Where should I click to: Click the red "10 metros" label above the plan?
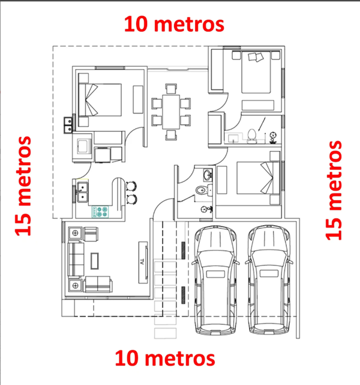click(174, 25)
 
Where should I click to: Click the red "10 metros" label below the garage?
click(165, 359)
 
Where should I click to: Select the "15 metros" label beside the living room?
click(23, 186)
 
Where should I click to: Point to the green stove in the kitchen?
click(100, 211)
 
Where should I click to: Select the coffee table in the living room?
click(95, 260)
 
